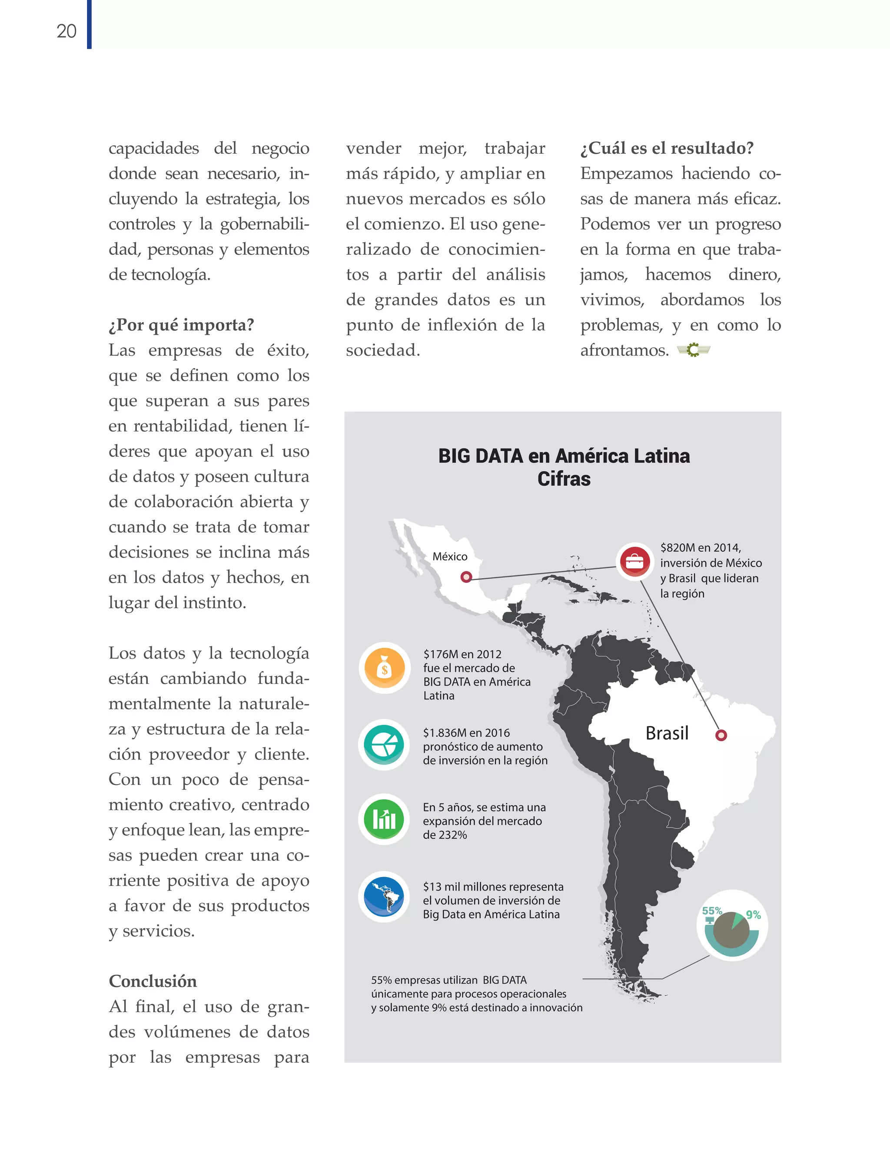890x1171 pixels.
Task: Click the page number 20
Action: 67,31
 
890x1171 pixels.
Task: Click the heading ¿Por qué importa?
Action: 181,324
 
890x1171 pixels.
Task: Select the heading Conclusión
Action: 153,981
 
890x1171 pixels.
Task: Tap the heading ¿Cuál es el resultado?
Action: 667,148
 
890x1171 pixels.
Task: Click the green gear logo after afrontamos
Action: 694,350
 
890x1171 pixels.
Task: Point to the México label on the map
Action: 450,556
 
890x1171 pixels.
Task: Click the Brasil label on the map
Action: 667,733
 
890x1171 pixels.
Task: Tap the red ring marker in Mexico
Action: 466,577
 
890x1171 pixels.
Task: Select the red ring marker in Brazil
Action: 721,736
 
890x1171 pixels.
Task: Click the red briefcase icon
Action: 634,562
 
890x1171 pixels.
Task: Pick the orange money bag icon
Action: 385,668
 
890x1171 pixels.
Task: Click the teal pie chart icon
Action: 385,745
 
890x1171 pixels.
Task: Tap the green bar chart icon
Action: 385,819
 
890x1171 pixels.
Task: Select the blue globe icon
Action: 385,897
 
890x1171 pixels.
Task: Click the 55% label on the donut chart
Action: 711,910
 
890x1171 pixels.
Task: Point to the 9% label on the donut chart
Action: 753,915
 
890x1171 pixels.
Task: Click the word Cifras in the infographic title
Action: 564,479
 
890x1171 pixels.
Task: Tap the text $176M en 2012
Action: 462,654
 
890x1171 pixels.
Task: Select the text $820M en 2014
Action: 701,548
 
